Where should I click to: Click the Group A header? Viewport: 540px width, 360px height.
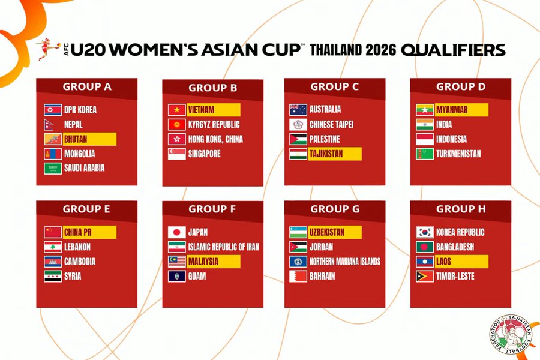point(87,86)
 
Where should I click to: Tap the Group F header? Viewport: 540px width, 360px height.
point(212,209)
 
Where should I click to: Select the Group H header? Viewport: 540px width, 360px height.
point(461,209)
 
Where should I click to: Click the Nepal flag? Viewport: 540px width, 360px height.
point(49,124)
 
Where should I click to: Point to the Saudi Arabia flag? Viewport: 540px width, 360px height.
point(53,169)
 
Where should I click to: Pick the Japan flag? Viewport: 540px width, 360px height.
point(176,232)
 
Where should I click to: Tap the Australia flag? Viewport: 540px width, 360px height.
point(298,110)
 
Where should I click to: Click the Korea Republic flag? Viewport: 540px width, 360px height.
point(425,232)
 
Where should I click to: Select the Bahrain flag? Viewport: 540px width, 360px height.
point(298,276)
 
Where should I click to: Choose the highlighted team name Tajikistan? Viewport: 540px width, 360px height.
point(326,154)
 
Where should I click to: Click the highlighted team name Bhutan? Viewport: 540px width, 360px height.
point(76,139)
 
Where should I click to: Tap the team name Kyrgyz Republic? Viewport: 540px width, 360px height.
point(214,124)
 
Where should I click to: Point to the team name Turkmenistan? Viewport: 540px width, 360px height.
point(458,154)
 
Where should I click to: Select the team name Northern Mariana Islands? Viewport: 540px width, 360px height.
point(345,262)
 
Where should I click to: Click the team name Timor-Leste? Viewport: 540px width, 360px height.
point(455,276)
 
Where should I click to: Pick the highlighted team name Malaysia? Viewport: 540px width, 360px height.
point(203,262)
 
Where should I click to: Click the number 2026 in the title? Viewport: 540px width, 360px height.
point(381,50)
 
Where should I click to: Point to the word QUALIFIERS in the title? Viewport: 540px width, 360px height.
point(453,50)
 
